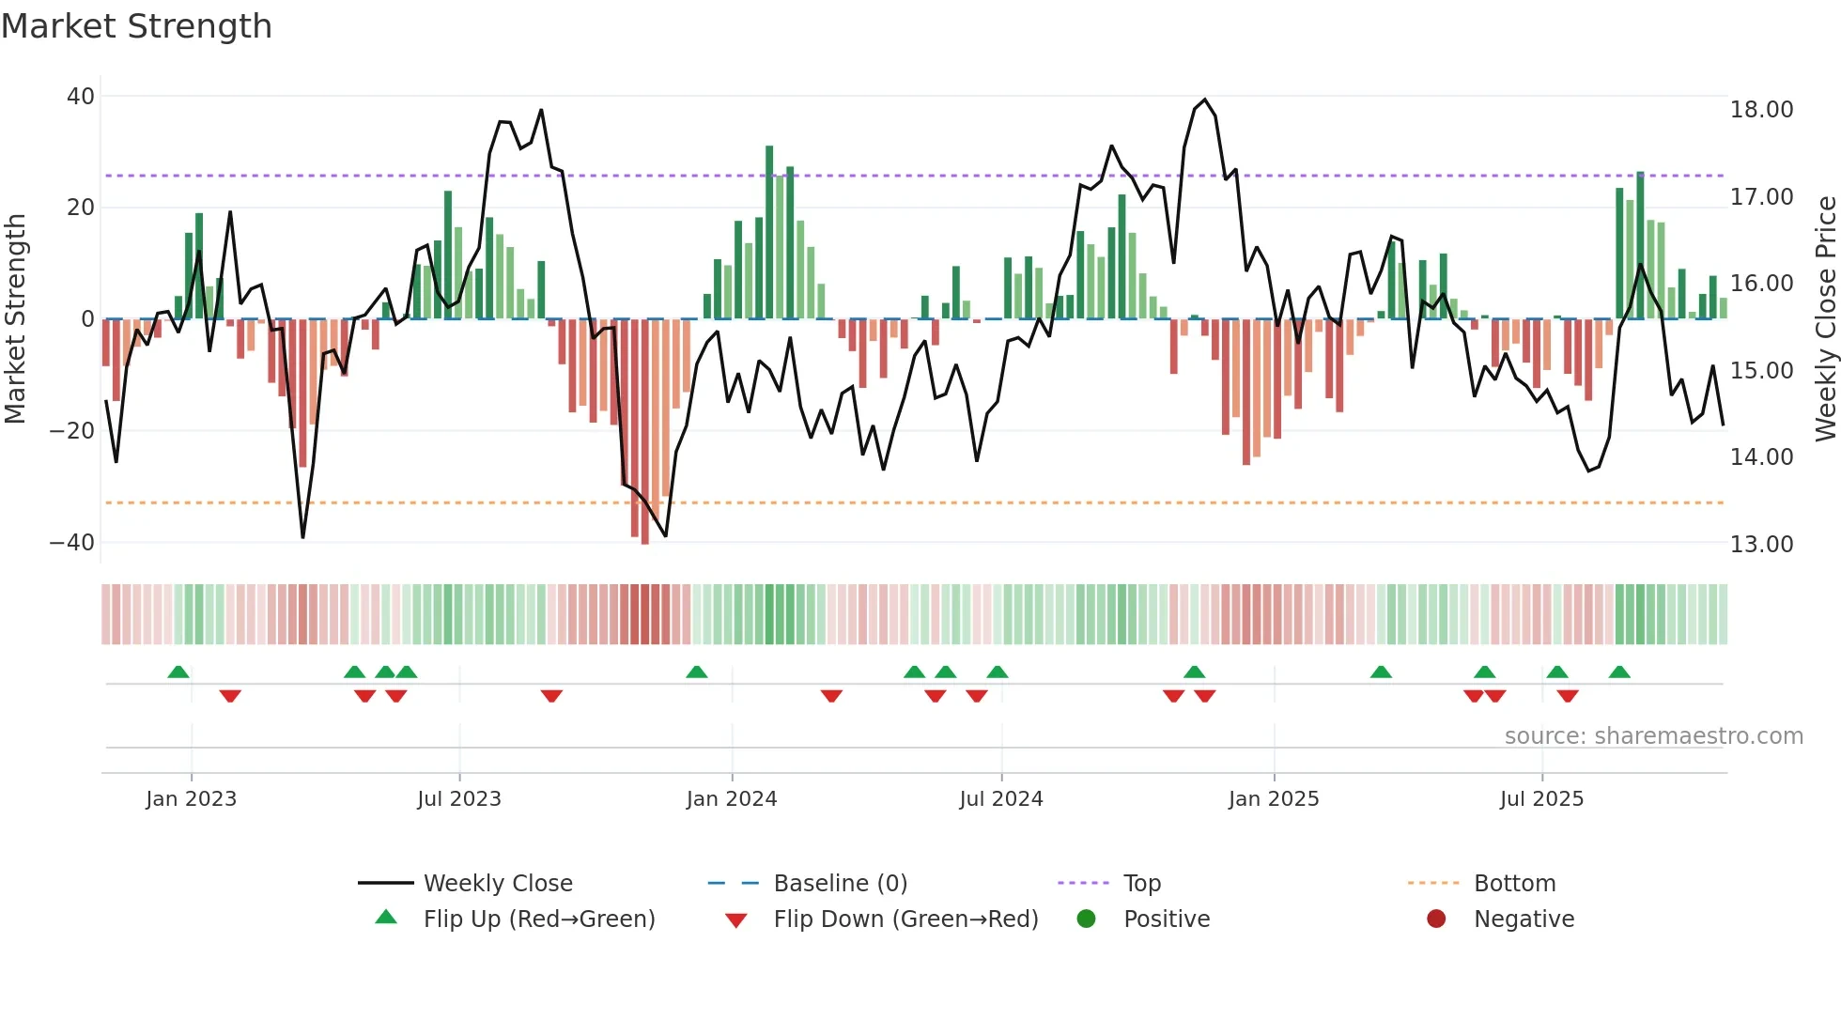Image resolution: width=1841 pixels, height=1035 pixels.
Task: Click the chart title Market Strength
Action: (x=136, y=26)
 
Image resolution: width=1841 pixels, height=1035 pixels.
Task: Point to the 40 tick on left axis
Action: (x=81, y=97)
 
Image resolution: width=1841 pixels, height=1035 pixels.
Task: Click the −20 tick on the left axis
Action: (x=71, y=431)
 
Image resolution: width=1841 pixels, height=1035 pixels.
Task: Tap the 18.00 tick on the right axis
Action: (x=1761, y=110)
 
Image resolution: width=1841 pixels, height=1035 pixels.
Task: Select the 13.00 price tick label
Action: (x=1761, y=545)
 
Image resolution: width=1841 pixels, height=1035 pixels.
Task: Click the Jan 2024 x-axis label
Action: (x=732, y=799)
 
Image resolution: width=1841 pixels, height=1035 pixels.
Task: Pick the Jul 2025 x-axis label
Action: (x=1541, y=799)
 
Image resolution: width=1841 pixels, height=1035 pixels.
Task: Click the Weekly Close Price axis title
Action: (x=1825, y=319)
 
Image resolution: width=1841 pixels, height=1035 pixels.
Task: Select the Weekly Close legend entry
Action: (x=497, y=884)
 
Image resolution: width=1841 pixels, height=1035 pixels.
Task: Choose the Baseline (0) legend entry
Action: (x=840, y=884)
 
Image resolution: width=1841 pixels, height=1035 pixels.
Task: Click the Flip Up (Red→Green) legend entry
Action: (x=538, y=919)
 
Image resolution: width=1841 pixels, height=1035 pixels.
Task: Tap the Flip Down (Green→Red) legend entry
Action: (x=905, y=919)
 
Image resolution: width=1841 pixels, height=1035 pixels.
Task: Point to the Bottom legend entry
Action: (x=1514, y=884)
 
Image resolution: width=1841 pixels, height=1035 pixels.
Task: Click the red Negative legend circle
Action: (x=1436, y=919)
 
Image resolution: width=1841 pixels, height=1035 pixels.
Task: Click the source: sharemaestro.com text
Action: (x=1653, y=736)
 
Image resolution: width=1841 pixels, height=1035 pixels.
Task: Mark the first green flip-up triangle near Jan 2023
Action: (x=178, y=672)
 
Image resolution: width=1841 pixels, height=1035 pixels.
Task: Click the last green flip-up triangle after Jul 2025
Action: (x=1619, y=672)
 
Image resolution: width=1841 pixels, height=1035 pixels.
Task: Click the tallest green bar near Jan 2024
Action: (x=769, y=232)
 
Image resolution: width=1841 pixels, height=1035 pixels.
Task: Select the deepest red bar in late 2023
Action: (x=644, y=431)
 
